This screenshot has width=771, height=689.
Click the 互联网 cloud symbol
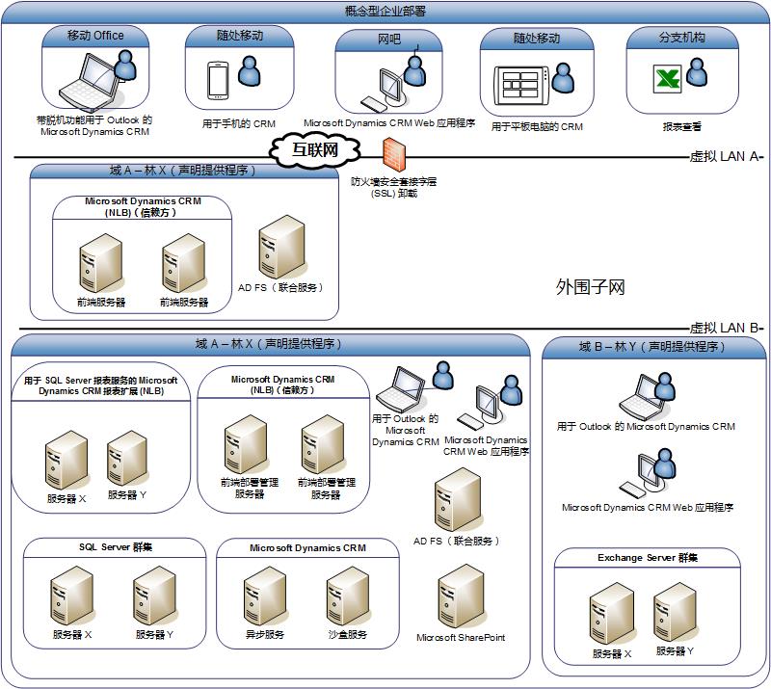[x=315, y=149]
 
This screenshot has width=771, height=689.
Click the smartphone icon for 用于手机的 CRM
[x=219, y=80]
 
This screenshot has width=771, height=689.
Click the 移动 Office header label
[x=95, y=36]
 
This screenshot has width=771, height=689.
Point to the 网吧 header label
[x=388, y=40]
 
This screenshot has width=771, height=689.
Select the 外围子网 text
[x=591, y=286]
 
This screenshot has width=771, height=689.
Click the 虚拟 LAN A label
[x=726, y=156]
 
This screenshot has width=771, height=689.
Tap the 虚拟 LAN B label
[x=726, y=328]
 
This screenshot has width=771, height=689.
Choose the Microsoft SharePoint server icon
[x=460, y=596]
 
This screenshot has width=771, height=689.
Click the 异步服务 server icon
[x=264, y=596]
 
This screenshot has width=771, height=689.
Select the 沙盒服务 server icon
[x=347, y=596]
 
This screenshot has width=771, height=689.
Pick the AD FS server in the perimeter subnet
[x=280, y=246]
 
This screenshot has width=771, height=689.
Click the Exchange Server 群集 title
[x=647, y=558]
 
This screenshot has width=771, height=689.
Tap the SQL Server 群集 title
[x=115, y=547]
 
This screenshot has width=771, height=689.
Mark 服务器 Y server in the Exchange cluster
[x=675, y=614]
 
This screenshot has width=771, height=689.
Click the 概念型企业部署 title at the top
[x=385, y=11]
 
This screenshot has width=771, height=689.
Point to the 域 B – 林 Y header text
[x=651, y=347]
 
